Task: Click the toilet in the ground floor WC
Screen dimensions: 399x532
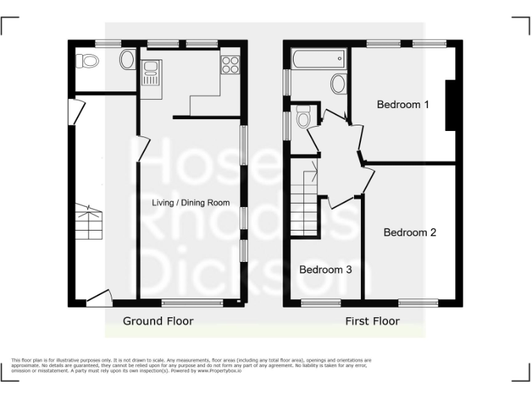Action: click(x=89, y=60)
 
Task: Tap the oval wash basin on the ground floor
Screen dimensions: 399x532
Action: click(x=127, y=60)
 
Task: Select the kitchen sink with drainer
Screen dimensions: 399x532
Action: click(x=151, y=72)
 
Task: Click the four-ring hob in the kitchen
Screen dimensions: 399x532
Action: click(x=230, y=64)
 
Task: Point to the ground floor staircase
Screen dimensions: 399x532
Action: click(x=89, y=220)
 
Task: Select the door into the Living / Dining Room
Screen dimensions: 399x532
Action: click(x=143, y=149)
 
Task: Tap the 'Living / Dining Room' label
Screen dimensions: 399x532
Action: click(x=190, y=203)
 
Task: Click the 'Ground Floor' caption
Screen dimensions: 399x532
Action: click(x=158, y=321)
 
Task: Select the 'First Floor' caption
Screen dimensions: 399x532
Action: click(x=372, y=321)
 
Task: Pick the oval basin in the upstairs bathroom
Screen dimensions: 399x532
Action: click(x=338, y=84)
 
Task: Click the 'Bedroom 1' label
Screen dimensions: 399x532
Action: click(x=402, y=105)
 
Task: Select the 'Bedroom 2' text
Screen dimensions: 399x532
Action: click(x=409, y=232)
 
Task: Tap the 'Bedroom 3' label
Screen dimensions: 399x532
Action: click(x=326, y=269)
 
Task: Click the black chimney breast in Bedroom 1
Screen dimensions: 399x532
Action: click(x=450, y=105)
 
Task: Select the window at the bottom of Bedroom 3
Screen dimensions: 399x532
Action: click(x=321, y=303)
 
